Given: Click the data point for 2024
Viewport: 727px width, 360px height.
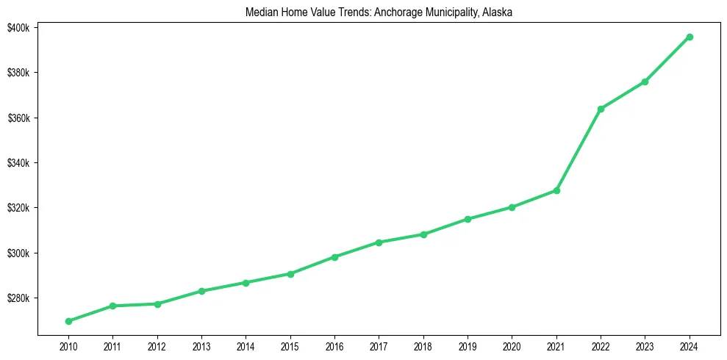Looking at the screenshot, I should (690, 37).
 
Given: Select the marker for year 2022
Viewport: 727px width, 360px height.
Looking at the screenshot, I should (601, 109).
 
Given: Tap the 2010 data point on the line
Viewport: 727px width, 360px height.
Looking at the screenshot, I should (68, 321).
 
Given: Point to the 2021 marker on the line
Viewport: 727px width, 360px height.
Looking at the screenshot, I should (556, 190).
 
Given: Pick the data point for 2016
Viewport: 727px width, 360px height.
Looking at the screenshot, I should (334, 257).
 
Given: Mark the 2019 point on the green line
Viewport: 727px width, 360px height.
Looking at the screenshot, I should (468, 219).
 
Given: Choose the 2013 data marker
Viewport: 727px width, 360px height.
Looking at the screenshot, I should (201, 291).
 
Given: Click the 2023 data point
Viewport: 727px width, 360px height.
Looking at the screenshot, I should (645, 82).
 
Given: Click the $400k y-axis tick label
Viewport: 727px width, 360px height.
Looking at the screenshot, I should (19, 28).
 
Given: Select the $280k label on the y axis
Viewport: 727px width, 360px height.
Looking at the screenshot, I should (19, 298).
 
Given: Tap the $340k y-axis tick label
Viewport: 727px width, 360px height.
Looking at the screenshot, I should (19, 163).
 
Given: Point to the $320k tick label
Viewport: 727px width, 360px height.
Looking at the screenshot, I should (19, 208).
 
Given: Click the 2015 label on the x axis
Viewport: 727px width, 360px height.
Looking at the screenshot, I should (290, 345).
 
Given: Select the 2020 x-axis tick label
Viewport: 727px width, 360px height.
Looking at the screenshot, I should (512, 345).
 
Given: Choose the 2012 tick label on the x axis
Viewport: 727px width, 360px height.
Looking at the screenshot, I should (157, 345).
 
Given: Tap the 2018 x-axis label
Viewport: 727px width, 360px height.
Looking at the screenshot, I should (423, 345).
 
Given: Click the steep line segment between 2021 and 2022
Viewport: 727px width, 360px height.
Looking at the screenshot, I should (579, 150).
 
